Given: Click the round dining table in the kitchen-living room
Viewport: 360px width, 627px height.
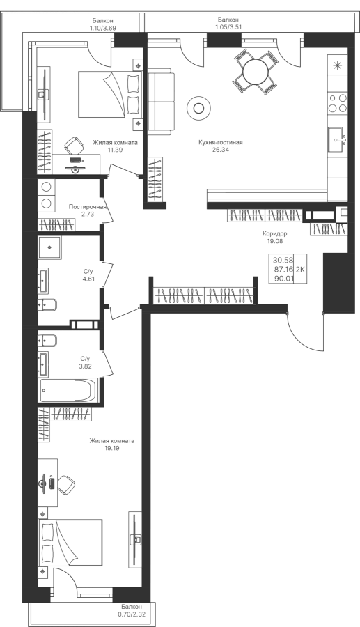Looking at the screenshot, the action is pos(256,72).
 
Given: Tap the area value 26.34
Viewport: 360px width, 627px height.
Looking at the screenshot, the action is pos(221,150).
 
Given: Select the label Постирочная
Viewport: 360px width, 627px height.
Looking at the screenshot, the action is pos(88,207).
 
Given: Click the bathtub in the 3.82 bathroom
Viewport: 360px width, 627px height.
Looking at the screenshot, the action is pos(69,390).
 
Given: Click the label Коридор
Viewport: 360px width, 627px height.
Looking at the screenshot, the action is pos(275,234).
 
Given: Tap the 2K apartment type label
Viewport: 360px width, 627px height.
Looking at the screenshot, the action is pos(300,270).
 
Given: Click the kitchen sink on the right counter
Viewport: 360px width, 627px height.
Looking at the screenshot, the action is pos(338,139).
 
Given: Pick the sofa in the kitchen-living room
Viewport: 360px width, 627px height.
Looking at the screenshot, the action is pos(161,102).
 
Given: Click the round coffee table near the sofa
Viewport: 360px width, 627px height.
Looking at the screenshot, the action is pos(198,107).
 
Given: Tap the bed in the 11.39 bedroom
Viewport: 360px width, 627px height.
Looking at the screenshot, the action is pos(110,95).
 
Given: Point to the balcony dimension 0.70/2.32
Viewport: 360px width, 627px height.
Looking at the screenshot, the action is pos(130,613).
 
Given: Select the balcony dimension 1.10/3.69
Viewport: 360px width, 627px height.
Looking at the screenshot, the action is pos(102,28).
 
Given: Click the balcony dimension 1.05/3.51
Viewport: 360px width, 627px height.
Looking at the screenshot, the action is pos(229,27).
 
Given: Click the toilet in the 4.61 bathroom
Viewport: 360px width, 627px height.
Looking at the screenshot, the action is pos(47,304).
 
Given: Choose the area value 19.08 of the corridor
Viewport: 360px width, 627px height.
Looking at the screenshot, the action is pos(275,241).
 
